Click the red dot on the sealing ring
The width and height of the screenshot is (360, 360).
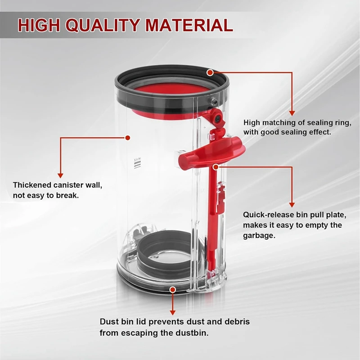click(x=210, y=72)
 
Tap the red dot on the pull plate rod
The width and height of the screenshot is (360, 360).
click(x=216, y=166)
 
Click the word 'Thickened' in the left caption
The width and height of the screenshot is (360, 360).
click(x=31, y=185)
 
